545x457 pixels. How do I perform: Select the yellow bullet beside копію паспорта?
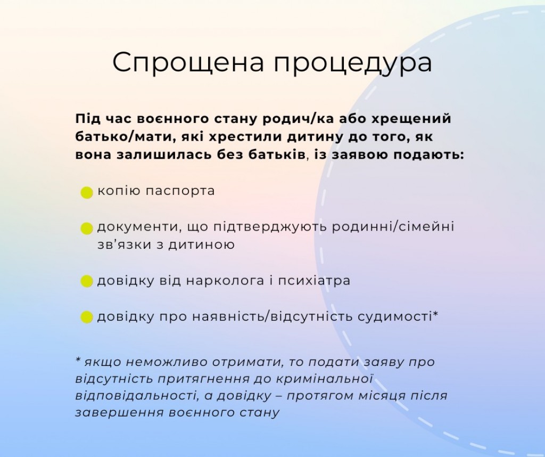(87, 192)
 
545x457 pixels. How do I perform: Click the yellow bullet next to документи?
(87, 228)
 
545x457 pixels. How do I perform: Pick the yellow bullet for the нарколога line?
(87, 281)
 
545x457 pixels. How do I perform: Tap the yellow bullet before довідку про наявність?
(87, 317)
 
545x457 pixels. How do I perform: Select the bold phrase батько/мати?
(120, 137)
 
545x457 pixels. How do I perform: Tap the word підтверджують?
(270, 227)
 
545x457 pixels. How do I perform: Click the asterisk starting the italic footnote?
(78, 360)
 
